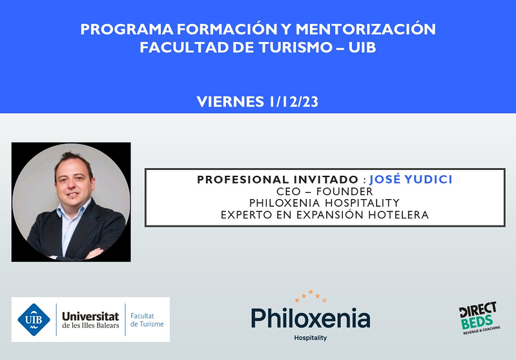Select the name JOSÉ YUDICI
(411, 179)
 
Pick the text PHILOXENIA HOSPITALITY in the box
(324, 203)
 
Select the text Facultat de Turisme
(147, 319)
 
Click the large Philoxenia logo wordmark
(310, 318)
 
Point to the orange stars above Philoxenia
(310, 297)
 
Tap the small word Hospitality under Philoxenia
(310, 338)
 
